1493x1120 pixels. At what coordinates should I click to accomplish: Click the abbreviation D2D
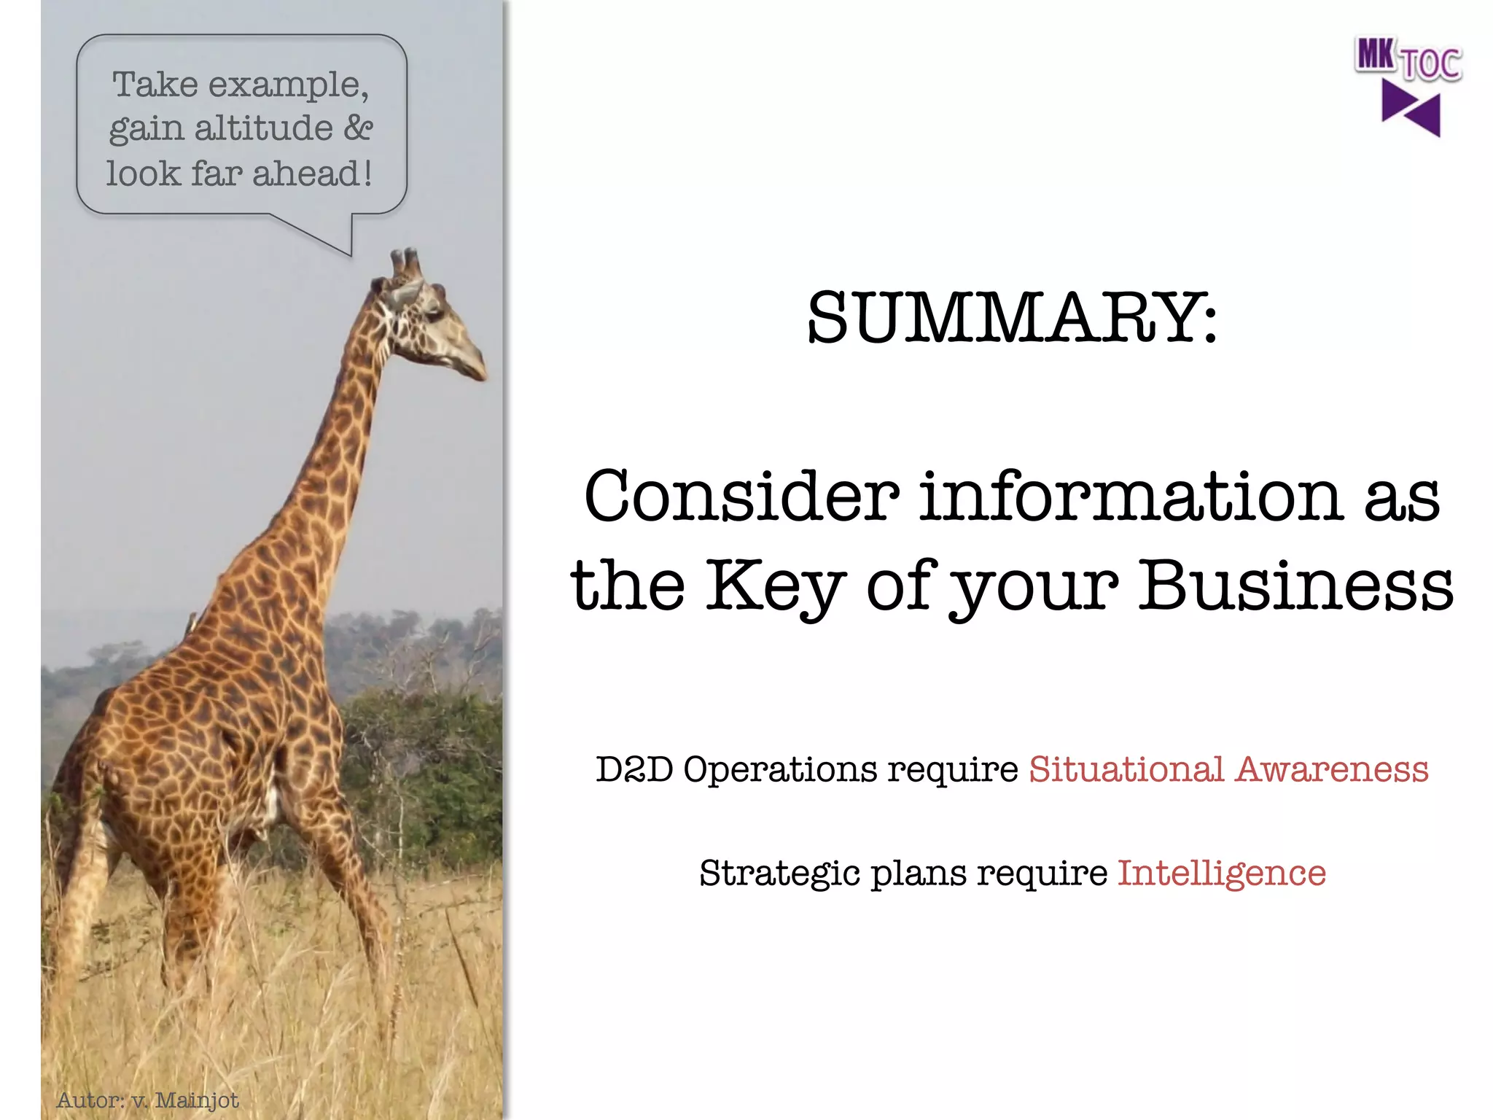click(x=634, y=770)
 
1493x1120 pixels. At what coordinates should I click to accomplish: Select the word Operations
click(x=781, y=770)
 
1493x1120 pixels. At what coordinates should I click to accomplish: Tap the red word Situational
click(x=1126, y=770)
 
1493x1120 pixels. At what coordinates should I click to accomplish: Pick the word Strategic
click(x=780, y=874)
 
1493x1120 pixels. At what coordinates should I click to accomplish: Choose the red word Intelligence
click(x=1221, y=874)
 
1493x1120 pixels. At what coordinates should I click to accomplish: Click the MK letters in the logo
click(x=1376, y=55)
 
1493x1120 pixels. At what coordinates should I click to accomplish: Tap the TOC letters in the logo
click(x=1431, y=64)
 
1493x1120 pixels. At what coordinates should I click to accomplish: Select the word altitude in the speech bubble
click(x=263, y=128)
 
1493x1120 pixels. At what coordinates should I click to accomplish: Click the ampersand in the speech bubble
click(x=358, y=128)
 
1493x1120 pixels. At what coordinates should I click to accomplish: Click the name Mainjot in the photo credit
click(x=197, y=1100)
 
